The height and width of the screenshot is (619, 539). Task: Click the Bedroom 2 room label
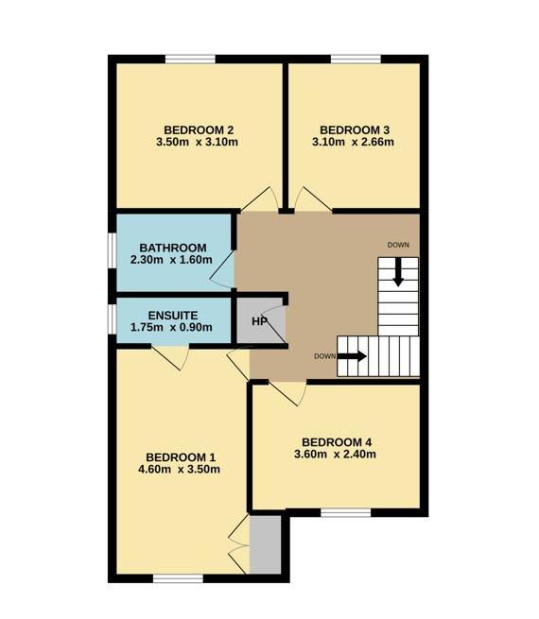(199, 129)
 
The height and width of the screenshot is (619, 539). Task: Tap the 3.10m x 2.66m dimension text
(353, 142)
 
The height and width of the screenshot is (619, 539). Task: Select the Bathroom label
(173, 248)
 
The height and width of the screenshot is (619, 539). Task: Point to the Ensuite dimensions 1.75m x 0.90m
(171, 327)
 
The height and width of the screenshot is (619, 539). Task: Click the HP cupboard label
(259, 321)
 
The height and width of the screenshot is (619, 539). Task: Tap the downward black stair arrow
(398, 272)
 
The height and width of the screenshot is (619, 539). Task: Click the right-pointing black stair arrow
(352, 356)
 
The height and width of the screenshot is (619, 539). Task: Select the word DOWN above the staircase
(398, 245)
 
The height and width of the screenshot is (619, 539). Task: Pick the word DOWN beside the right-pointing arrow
(325, 356)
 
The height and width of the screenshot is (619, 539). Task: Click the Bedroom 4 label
(337, 442)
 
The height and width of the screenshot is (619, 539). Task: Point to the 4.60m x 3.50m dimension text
(179, 470)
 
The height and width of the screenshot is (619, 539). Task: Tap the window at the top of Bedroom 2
(190, 60)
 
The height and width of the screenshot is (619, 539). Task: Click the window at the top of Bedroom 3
(356, 60)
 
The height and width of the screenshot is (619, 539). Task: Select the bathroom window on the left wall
(113, 251)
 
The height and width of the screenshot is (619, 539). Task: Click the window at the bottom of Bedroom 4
(346, 512)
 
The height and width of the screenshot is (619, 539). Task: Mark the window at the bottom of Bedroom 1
(178, 578)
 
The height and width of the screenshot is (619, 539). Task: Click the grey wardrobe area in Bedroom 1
(266, 544)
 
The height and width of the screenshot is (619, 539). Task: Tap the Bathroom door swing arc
(223, 269)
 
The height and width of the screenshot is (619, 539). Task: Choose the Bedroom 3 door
(313, 198)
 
